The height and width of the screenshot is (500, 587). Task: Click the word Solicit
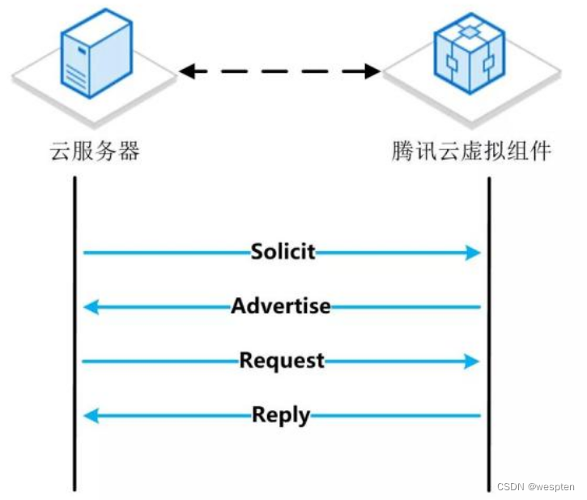point(282,252)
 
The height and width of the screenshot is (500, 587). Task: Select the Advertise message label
point(281,306)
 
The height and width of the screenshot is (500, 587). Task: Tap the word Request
point(281,361)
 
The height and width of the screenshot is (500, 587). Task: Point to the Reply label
point(281,416)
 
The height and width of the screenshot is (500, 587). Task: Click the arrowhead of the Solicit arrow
point(473,253)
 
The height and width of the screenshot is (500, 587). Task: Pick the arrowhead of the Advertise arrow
point(91,307)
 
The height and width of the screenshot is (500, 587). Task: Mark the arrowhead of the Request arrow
point(473,361)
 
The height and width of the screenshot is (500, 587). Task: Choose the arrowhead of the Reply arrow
point(91,417)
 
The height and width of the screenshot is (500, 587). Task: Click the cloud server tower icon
point(96,53)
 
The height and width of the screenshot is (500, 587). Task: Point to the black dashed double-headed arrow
point(279,71)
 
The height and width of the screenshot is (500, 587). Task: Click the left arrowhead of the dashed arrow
point(186,71)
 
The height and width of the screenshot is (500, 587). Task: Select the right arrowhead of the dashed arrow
point(372,71)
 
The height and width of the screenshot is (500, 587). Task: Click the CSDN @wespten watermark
point(535,487)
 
